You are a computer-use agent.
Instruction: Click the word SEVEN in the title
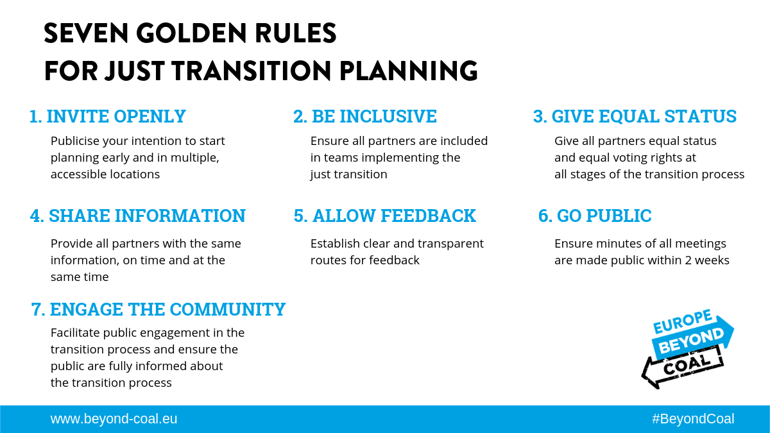(x=86, y=33)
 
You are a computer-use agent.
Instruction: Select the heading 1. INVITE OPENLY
(x=108, y=116)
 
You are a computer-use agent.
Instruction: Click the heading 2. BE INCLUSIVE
(x=364, y=116)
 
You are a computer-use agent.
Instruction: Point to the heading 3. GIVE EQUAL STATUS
(x=635, y=116)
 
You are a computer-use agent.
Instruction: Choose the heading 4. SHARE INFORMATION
(x=137, y=216)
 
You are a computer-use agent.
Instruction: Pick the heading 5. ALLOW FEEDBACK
(x=384, y=216)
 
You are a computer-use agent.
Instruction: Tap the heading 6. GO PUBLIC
(x=595, y=216)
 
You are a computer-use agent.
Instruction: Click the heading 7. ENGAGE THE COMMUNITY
(x=158, y=309)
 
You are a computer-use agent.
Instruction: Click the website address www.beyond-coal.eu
(x=114, y=419)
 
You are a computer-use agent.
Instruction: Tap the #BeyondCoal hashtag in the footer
(x=693, y=419)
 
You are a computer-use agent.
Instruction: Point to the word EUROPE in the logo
(x=682, y=321)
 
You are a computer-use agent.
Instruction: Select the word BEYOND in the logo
(x=691, y=341)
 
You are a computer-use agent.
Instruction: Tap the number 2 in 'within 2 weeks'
(x=688, y=260)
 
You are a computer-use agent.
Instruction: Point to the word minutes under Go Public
(x=617, y=244)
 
